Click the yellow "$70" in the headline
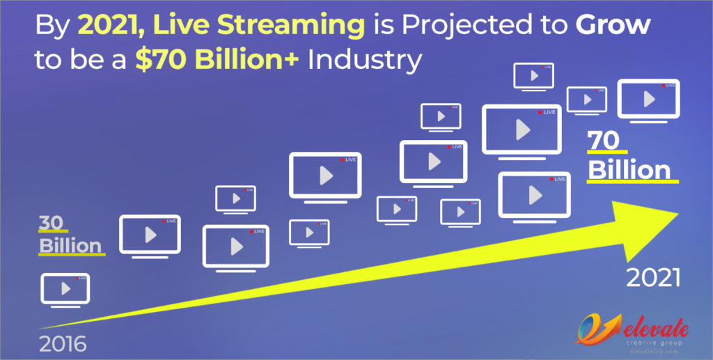[x=158, y=61]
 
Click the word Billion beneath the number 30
[x=70, y=245]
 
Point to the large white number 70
[x=604, y=141]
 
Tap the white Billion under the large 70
[x=629, y=170]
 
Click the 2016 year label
[x=63, y=344]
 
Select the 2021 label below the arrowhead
[x=653, y=279]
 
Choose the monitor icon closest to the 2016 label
[x=65, y=289]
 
